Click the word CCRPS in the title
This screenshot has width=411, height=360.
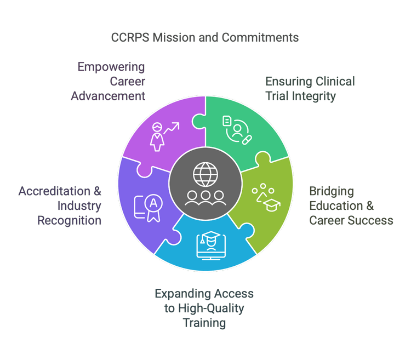pyautogui.click(x=127, y=37)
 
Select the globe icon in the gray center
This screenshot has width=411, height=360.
pyautogui.click(x=205, y=174)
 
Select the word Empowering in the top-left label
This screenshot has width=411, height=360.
pyautogui.click(x=111, y=67)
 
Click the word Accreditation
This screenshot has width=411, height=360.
pyautogui.click(x=53, y=192)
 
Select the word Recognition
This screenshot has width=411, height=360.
pyautogui.click(x=69, y=220)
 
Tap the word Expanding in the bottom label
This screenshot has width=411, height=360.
pyautogui.click(x=181, y=294)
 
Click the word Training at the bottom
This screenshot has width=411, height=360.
pyautogui.click(x=204, y=323)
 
